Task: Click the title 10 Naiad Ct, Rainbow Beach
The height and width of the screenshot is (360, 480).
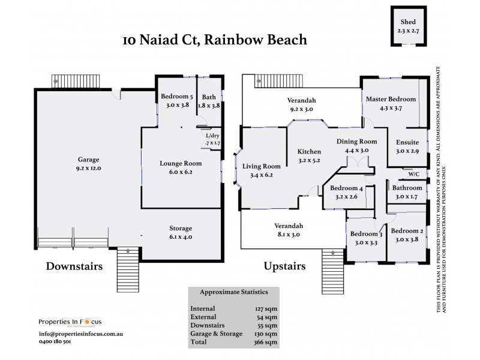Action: (x=215, y=40)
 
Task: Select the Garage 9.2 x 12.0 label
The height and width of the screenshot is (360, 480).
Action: (x=89, y=164)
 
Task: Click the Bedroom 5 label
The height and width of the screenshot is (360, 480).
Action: (x=176, y=100)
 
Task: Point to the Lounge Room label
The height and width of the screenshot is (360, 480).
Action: (x=181, y=167)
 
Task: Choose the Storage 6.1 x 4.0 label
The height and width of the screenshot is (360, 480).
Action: (x=181, y=232)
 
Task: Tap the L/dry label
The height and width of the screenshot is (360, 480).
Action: (x=213, y=139)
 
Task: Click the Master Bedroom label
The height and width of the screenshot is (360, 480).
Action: (x=391, y=103)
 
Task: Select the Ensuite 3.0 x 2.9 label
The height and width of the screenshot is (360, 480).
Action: (x=407, y=146)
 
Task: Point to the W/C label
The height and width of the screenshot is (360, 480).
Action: (x=413, y=175)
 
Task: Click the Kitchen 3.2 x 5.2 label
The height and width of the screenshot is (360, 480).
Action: (x=309, y=156)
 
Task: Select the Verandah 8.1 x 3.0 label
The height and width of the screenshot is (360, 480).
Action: (x=289, y=230)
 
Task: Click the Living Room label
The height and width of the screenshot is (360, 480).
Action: (x=262, y=171)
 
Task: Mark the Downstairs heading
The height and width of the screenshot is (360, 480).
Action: (x=74, y=265)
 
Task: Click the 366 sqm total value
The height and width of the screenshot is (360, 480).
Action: (x=266, y=342)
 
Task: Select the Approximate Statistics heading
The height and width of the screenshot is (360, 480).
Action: (x=233, y=292)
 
